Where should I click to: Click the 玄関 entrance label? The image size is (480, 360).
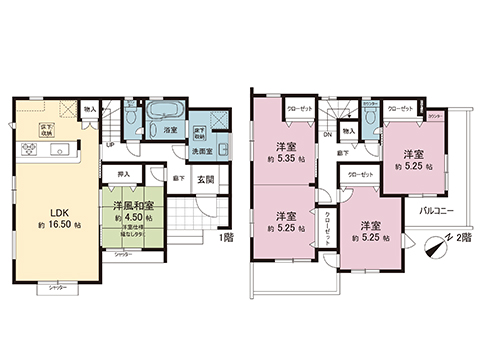[205, 179]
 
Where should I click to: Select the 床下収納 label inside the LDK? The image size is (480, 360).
[45, 127]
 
